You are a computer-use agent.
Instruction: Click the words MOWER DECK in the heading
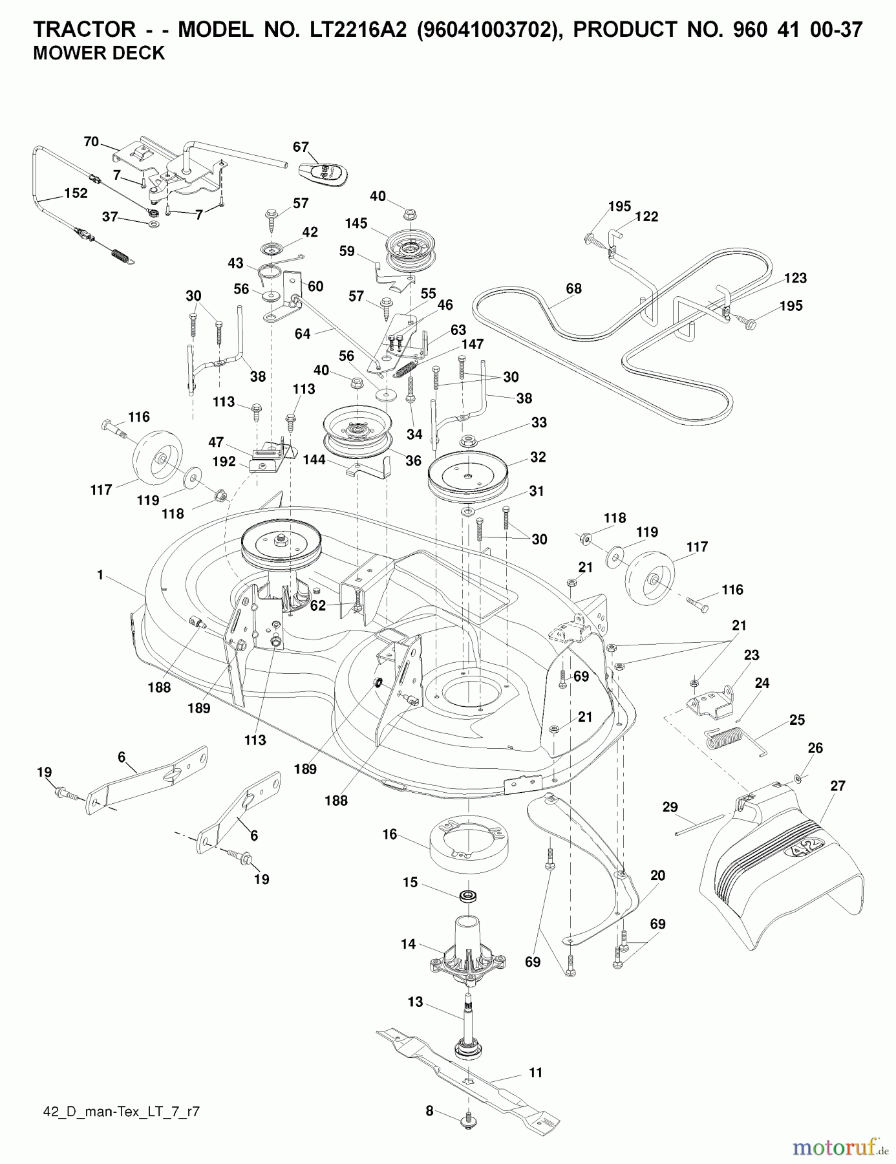click(99, 53)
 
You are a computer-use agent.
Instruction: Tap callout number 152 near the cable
click(76, 193)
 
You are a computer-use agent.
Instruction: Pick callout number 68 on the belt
click(573, 289)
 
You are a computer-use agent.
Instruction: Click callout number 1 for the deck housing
click(100, 575)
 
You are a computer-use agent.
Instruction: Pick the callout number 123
click(795, 278)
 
